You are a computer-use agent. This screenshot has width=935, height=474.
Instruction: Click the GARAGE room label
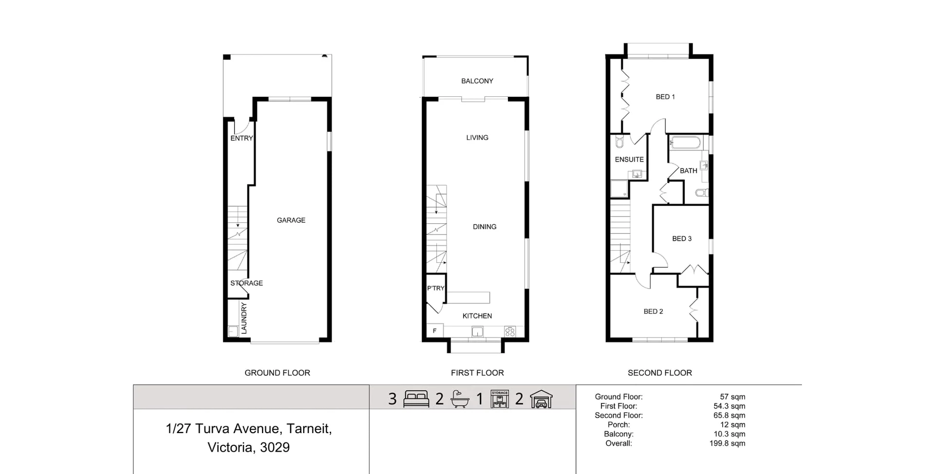tap(291, 220)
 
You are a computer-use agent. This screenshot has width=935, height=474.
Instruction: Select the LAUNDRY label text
tap(244, 318)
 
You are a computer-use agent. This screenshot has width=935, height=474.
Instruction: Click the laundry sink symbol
tap(233, 331)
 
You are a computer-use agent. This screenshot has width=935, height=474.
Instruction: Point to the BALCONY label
tap(477, 81)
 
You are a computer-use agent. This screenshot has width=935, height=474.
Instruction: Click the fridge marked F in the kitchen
tap(434, 331)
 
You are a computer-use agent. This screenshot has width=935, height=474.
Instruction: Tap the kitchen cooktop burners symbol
tap(510, 332)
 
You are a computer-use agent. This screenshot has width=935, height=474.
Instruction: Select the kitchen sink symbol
tap(477, 332)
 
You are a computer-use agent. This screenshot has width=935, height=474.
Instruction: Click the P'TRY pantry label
tap(435, 288)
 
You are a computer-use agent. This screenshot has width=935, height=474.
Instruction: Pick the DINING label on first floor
tap(484, 227)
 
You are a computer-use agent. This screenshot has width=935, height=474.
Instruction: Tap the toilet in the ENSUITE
tap(619, 143)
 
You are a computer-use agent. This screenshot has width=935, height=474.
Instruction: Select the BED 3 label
tap(681, 239)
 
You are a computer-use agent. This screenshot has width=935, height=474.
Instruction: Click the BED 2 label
tap(653, 311)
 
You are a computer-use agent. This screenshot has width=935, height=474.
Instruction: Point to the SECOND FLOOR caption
tap(659, 373)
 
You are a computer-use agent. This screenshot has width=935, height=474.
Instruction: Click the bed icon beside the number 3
tap(416, 399)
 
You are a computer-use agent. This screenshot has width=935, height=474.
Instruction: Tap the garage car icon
tap(541, 399)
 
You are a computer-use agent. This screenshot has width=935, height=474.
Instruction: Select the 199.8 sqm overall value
tap(727, 443)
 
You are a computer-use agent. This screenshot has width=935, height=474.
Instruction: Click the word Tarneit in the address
tap(309, 429)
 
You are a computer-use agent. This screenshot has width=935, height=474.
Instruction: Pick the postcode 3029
tap(275, 448)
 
